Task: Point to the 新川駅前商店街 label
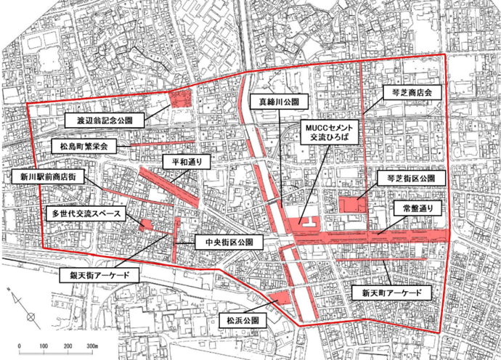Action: (47, 176)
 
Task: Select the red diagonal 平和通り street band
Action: (168, 187)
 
